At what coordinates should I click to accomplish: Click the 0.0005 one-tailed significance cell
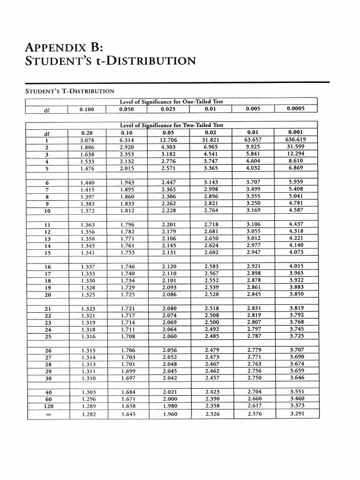click(296, 109)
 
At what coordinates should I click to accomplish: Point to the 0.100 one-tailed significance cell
click(87, 109)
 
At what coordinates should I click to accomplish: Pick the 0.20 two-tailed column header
click(87, 133)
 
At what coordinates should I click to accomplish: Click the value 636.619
click(296, 140)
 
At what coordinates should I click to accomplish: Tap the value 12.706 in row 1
click(168, 140)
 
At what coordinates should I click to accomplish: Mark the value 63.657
click(254, 140)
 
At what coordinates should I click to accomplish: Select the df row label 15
click(47, 253)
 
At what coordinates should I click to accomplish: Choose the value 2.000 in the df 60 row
click(169, 398)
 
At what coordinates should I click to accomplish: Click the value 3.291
click(297, 414)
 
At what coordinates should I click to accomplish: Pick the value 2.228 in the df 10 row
click(169, 211)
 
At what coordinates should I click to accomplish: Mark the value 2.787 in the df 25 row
click(254, 336)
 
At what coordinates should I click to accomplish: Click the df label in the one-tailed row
click(47, 110)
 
